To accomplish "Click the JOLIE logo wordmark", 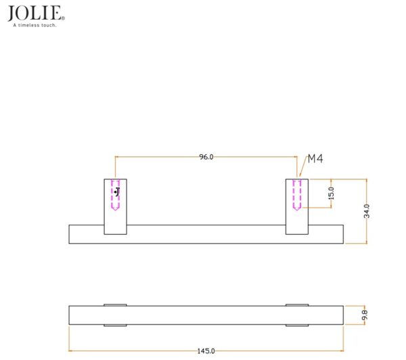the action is click(x=35, y=13).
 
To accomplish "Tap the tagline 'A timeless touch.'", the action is click(x=35, y=25).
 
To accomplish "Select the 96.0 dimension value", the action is click(x=206, y=157).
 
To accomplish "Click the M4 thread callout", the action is click(x=315, y=158).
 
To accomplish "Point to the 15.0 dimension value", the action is click(x=331, y=194).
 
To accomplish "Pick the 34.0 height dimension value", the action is click(x=367, y=211).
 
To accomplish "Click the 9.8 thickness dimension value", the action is click(x=365, y=315).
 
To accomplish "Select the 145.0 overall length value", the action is click(x=206, y=351).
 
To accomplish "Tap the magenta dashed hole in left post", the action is click(x=115, y=195).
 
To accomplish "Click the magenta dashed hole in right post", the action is click(x=297, y=195).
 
